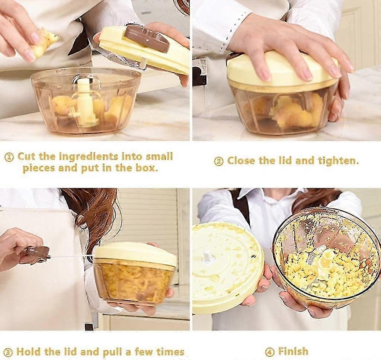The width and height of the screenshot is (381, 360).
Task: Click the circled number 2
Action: [x=218, y=161]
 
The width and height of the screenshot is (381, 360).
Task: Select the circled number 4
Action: [x=269, y=352]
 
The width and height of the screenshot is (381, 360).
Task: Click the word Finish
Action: [x=293, y=351]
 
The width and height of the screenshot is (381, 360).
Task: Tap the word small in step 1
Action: [x=160, y=156]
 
